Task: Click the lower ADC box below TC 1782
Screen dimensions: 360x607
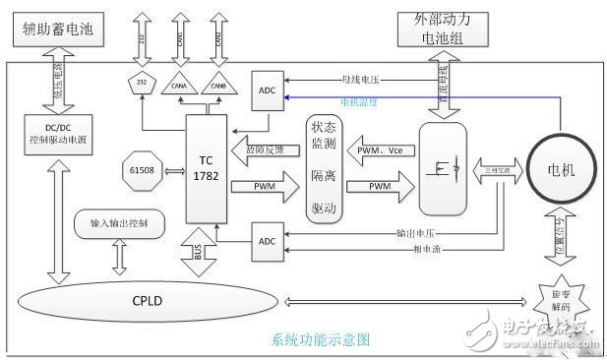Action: [x=269, y=241]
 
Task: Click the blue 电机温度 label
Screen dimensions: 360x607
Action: [x=361, y=100]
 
